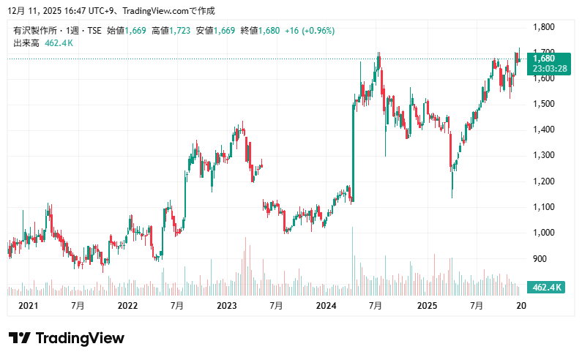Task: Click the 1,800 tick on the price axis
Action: click(x=543, y=27)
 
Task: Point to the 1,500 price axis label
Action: click(x=543, y=104)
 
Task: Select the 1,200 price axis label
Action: click(x=543, y=181)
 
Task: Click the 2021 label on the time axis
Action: click(x=28, y=305)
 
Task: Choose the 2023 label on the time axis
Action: click(x=227, y=305)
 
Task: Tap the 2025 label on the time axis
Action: click(x=426, y=305)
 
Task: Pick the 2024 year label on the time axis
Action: click(x=327, y=305)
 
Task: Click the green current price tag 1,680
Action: click(x=544, y=59)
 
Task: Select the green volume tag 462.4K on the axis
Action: click(x=547, y=288)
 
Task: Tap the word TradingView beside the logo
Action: click(x=80, y=338)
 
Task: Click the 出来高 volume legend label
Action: click(x=26, y=43)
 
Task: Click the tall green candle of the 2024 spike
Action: click(x=353, y=154)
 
